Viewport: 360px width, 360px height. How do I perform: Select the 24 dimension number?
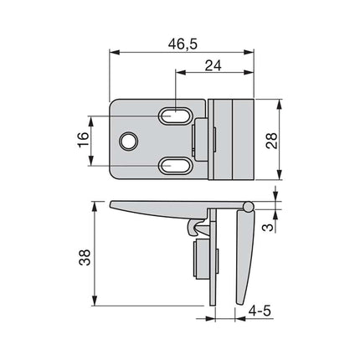[x=213, y=64]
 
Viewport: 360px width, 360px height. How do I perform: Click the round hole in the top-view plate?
[x=128, y=141]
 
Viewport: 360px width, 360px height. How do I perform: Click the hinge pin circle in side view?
[x=248, y=206]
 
